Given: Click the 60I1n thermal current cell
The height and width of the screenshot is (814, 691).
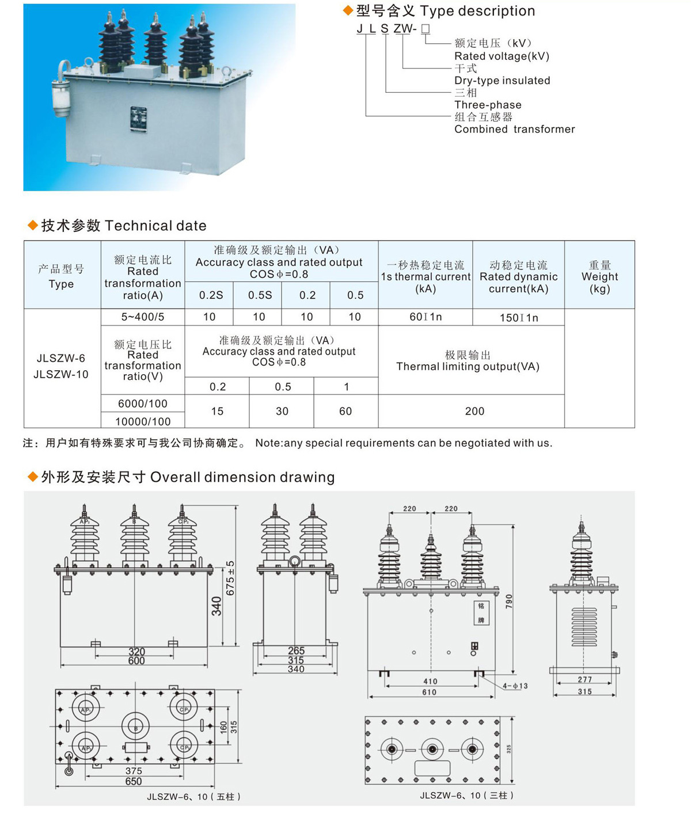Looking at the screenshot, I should tap(426, 317).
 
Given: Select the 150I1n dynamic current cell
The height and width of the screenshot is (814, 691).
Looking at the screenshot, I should tap(518, 318).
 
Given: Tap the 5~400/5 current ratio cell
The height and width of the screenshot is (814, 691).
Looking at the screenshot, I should tap(142, 317).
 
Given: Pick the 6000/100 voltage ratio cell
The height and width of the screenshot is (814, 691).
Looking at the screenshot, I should tap(142, 404).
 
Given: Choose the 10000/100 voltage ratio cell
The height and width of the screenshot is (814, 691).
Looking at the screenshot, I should tap(143, 421).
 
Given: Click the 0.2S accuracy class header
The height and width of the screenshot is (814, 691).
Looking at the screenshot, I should tap(211, 295).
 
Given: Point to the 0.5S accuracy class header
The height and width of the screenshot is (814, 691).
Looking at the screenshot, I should tap(260, 295).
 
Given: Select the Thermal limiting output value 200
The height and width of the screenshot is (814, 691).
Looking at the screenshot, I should tap(474, 411).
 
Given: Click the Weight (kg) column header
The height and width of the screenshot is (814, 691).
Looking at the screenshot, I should tap(599, 276).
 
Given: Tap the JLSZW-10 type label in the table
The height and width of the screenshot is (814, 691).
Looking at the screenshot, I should tap(61, 374).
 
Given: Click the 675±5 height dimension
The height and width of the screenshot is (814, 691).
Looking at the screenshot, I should tap(230, 578).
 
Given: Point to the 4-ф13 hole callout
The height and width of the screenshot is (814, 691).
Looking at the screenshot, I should tap(515, 686).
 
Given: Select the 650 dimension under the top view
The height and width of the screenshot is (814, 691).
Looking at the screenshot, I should tap(134, 781).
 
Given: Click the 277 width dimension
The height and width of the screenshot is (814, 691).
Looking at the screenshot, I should tap(584, 680).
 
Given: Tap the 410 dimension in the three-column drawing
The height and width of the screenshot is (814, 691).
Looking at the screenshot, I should tap(430, 682).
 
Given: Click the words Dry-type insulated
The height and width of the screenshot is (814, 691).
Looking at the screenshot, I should tap(502, 81).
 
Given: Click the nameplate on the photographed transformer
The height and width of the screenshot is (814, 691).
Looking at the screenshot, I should tap(138, 120).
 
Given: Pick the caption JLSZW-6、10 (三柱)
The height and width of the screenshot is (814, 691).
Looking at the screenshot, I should tap(466, 796).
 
